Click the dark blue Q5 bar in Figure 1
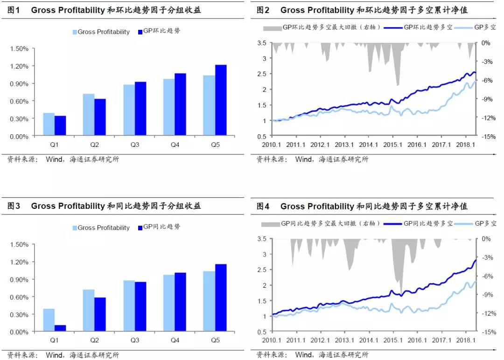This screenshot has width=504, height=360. point(221,100)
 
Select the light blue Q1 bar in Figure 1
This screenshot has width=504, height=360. point(49,125)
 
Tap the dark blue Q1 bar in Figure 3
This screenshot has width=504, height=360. point(60,328)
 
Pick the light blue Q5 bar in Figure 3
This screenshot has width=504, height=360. point(209,301)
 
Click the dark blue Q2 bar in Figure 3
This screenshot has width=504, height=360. point(100,314)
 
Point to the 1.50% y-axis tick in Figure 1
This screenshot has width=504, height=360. point(19,48)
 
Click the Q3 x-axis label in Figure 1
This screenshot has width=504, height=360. point(134,145)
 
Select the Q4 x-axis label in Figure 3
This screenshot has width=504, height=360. point(175,341)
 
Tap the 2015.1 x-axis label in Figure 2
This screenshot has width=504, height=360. point(392,145)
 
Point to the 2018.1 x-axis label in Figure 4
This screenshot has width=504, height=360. point(466,341)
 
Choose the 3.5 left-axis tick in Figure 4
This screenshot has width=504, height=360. point(261,239)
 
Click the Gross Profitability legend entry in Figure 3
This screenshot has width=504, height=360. point(100,228)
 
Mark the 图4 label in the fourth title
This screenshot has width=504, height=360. point(264,206)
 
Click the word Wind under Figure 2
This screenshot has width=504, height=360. point(304,159)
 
